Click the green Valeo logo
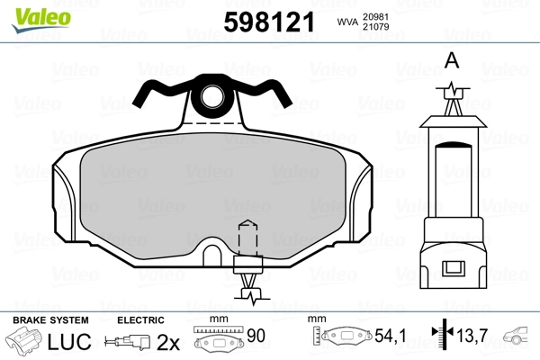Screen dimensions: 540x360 point(41,20)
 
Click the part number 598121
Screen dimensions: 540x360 point(269,22)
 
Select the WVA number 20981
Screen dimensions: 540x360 point(375,17)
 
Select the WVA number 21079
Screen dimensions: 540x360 point(375,26)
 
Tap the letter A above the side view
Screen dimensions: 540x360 point(452,60)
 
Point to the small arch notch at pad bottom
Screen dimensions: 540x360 point(212,256)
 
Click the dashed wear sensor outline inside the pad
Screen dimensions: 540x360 point(248,238)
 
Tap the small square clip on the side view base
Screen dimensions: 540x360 point(454,269)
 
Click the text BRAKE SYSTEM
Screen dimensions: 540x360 point(50,320)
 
